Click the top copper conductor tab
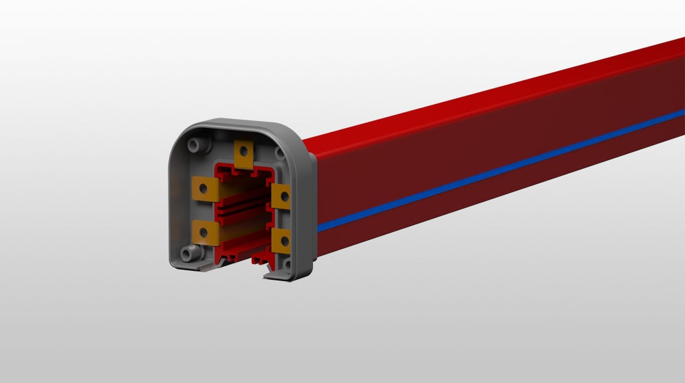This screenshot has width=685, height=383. tap(245, 154)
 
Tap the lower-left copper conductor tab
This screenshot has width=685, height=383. tap(205, 232)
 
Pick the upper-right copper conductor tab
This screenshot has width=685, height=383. tap(281, 196)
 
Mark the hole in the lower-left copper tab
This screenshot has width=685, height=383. tap(204, 232)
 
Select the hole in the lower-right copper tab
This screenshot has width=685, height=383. tap(282, 240)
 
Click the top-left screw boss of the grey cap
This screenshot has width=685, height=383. tap(197, 145)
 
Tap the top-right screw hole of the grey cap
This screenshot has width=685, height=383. tap(280, 153)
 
